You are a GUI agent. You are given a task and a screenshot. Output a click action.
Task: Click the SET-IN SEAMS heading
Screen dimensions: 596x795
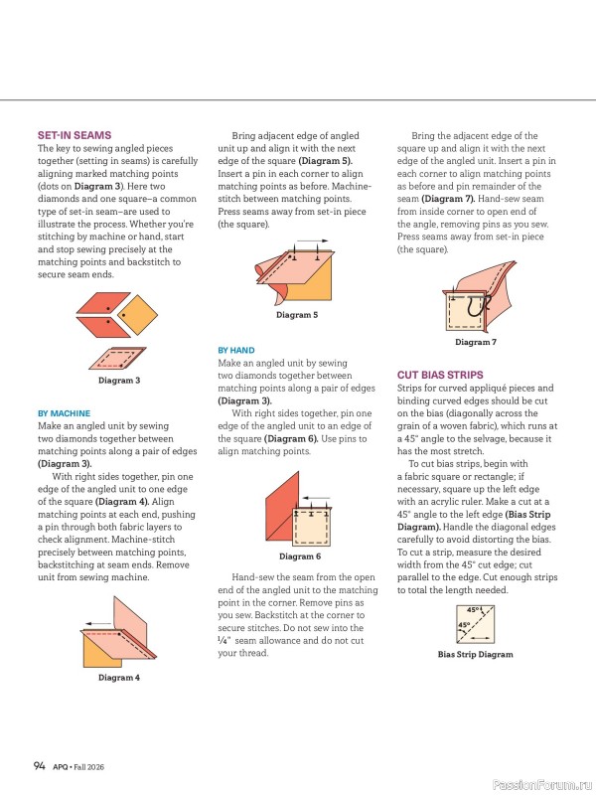click(74, 135)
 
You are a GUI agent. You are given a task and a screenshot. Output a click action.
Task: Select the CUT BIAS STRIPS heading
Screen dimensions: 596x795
click(440, 376)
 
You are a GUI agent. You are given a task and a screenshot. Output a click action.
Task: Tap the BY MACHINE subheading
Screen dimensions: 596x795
click(64, 413)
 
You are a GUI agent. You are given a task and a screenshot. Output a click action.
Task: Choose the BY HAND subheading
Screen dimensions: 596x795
click(236, 351)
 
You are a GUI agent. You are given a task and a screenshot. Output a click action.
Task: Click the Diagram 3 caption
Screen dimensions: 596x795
click(119, 381)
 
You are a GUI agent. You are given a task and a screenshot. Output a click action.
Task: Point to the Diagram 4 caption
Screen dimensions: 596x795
click(119, 678)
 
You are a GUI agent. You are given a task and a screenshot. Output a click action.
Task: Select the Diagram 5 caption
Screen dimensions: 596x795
click(297, 315)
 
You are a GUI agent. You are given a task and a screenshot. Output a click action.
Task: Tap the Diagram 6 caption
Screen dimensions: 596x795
click(300, 556)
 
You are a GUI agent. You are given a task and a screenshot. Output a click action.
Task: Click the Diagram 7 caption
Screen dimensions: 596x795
click(476, 342)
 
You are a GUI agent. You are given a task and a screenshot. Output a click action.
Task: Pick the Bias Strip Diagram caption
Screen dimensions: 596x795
click(476, 655)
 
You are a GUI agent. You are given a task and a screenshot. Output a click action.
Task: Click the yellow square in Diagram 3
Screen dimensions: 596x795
click(138, 315)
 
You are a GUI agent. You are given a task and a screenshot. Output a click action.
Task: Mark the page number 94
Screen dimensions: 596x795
click(40, 765)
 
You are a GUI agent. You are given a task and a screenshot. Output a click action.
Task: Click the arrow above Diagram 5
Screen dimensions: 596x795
click(312, 241)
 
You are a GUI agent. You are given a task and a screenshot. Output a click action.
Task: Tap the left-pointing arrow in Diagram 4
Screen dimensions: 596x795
click(98, 624)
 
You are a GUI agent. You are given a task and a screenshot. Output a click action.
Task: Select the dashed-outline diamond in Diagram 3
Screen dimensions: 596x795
click(117, 358)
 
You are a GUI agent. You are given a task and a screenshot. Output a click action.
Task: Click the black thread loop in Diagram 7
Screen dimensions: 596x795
click(475, 306)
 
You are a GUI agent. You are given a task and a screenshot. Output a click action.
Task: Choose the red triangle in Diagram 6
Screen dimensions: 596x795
click(282, 507)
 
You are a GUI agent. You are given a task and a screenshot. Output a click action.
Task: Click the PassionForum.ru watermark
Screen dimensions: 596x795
click(542, 785)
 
